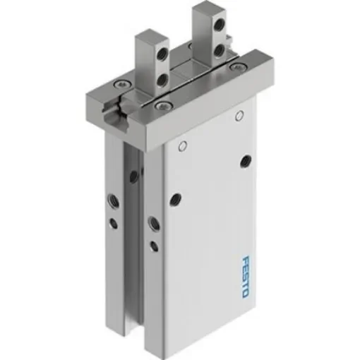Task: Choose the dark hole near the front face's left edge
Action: coord(176,200)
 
